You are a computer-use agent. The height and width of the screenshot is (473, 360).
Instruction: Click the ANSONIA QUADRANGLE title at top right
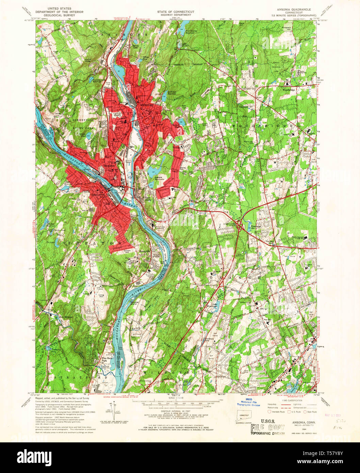(291, 10)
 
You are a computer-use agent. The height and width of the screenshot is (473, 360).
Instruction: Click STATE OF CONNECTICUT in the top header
(176, 12)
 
